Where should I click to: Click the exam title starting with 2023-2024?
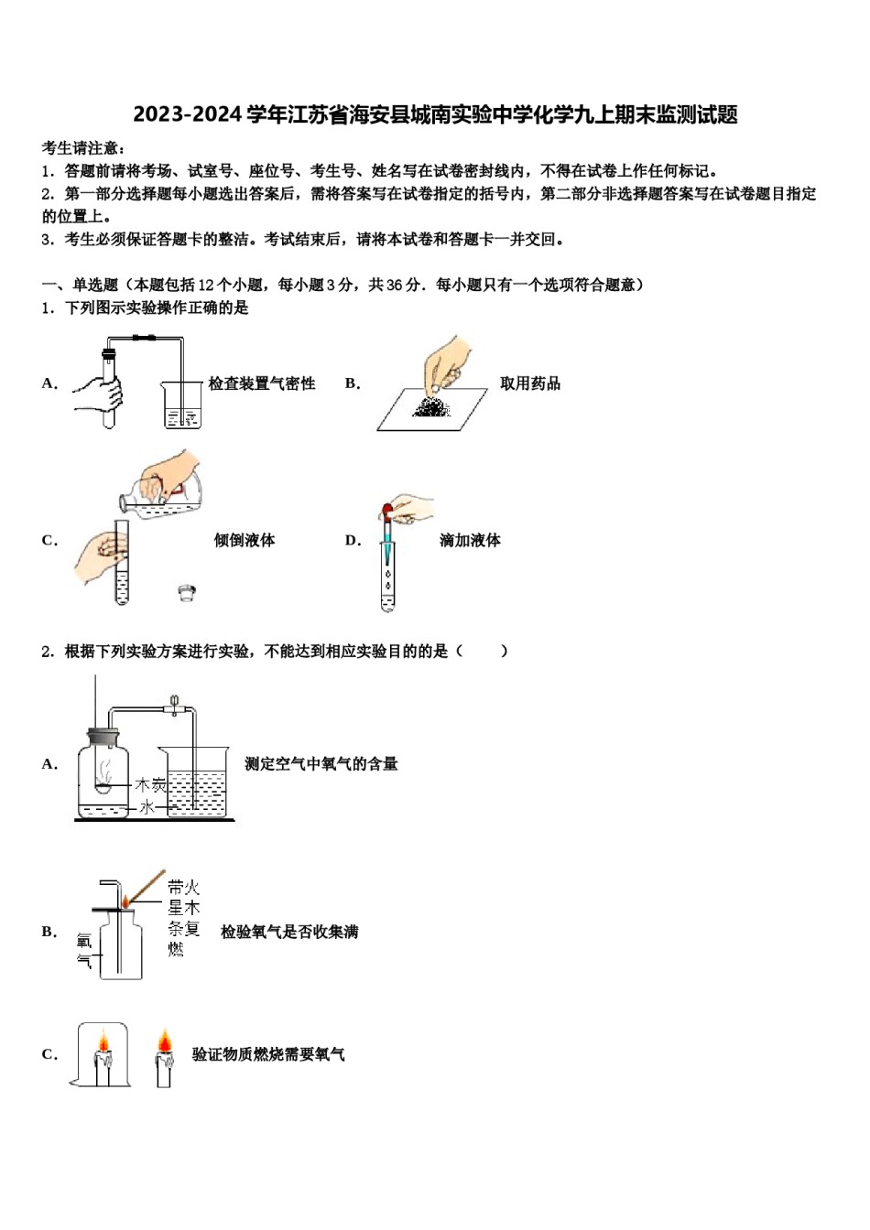(x=435, y=115)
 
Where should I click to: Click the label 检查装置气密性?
(x=261, y=383)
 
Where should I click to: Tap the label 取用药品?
(x=529, y=383)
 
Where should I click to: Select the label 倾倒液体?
(x=245, y=540)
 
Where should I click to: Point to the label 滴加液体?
(x=470, y=540)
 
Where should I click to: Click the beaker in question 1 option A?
(x=182, y=405)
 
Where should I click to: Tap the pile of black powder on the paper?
(x=430, y=406)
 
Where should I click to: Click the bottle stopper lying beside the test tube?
(x=188, y=593)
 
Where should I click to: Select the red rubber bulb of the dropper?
(x=387, y=511)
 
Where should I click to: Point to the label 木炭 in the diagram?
(x=150, y=785)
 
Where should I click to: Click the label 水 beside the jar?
(x=147, y=807)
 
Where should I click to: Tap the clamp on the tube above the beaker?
(x=174, y=706)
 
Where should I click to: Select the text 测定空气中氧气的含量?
(x=321, y=763)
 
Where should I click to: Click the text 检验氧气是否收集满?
(x=289, y=932)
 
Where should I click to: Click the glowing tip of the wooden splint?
(x=125, y=902)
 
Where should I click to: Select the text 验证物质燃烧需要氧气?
(x=268, y=1054)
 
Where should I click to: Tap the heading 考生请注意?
(x=83, y=148)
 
